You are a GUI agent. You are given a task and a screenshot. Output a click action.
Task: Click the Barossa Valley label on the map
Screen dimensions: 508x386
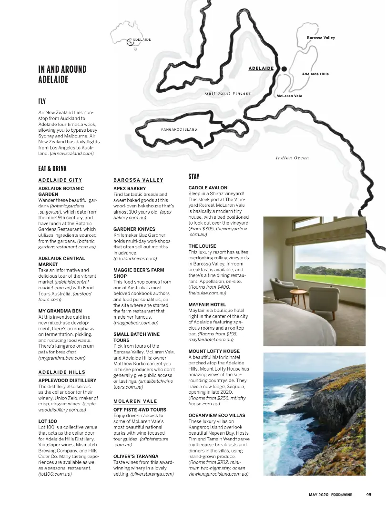tap(320, 38)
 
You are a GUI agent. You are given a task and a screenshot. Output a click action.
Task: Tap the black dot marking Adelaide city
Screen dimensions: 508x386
tap(284, 69)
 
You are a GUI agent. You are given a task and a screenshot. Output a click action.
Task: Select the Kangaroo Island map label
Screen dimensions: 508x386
tap(179, 129)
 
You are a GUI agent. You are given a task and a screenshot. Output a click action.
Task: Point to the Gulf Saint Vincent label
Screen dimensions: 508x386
tap(228, 93)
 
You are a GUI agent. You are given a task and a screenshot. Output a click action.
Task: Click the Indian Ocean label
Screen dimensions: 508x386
tap(292, 158)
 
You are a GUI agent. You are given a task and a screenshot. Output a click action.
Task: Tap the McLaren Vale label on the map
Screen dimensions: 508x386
tap(289, 96)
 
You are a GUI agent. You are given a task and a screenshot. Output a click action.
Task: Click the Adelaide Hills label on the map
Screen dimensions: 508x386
tap(315, 74)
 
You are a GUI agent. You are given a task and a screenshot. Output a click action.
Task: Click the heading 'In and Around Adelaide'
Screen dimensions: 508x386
tap(62, 74)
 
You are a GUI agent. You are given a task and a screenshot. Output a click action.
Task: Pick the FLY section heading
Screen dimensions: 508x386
tap(42, 101)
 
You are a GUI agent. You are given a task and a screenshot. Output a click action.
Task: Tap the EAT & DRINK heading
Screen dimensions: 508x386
tap(52, 169)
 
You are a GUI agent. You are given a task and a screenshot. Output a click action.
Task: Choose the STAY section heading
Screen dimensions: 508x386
tap(194, 176)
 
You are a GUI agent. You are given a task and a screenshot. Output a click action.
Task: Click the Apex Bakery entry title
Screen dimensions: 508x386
tap(130, 188)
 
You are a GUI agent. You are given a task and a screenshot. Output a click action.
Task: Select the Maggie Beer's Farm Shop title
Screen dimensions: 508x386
tap(138, 273)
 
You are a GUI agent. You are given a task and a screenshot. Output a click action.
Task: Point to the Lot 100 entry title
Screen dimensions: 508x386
tap(47, 421)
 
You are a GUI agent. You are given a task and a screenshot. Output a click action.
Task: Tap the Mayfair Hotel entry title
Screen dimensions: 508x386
tap(207, 304)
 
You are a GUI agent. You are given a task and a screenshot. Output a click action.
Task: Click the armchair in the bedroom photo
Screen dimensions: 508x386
tap(282, 290)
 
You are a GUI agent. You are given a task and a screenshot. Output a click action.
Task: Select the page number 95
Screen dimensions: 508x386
tap(368, 494)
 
